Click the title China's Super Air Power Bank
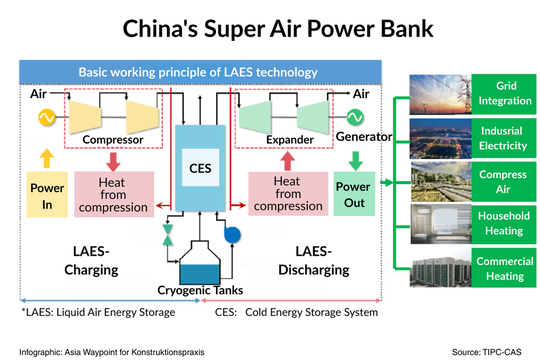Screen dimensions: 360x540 270,27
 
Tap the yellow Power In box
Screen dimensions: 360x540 46,195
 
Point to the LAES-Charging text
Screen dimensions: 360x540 88,261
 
